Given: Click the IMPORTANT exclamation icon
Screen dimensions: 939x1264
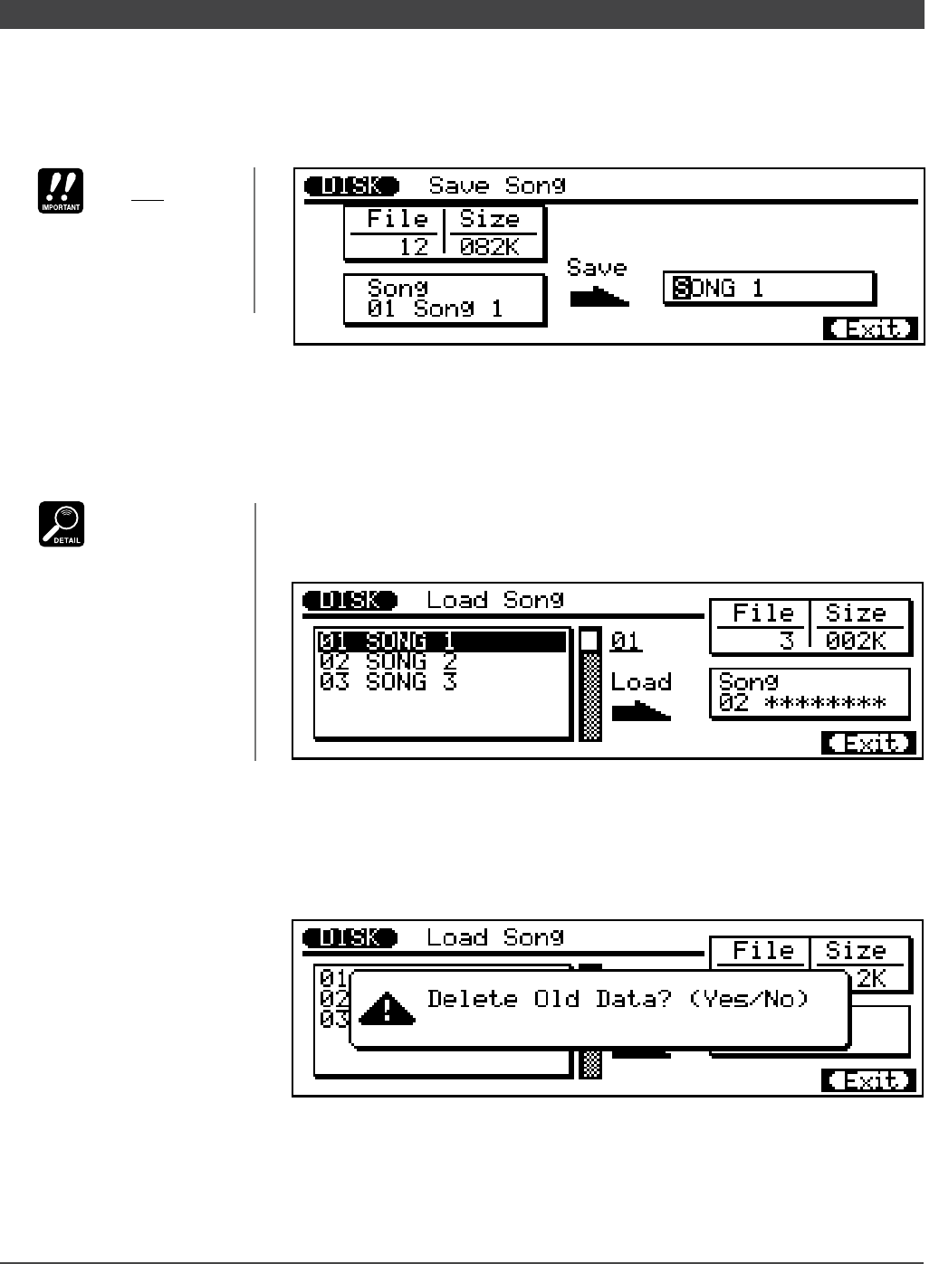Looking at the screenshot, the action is point(61,191).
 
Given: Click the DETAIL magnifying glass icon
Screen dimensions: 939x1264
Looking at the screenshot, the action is point(62,524).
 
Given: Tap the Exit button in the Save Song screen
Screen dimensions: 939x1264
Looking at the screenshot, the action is point(870,328).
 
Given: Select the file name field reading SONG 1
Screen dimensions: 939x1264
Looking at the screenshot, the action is point(768,289).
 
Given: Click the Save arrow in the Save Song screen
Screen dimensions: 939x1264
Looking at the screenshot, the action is point(599,296).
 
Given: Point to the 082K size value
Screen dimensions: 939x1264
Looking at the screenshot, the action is point(491,246).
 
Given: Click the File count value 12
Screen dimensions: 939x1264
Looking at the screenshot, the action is point(414,246).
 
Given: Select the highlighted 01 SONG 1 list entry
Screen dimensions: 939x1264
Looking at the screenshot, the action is point(441,642).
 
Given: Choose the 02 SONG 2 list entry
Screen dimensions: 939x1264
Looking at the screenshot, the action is point(388,661).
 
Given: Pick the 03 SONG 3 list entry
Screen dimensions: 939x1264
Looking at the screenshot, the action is point(388,681).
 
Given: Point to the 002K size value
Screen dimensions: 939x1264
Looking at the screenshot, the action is point(856,641).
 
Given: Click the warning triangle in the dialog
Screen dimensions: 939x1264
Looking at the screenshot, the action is point(387,1008).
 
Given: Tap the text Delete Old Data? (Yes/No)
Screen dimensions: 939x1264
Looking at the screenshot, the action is point(618,999).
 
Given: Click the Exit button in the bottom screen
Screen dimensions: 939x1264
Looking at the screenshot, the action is point(868,1080).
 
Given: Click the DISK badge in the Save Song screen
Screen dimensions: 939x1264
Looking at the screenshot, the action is point(351,185).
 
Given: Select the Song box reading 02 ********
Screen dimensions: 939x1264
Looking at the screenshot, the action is point(809,693).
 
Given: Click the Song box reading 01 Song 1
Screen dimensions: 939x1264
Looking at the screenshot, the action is point(444,299).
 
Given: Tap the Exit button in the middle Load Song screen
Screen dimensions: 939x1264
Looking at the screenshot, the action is point(868,743).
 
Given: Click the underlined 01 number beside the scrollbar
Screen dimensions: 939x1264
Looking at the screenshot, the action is point(625,642).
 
